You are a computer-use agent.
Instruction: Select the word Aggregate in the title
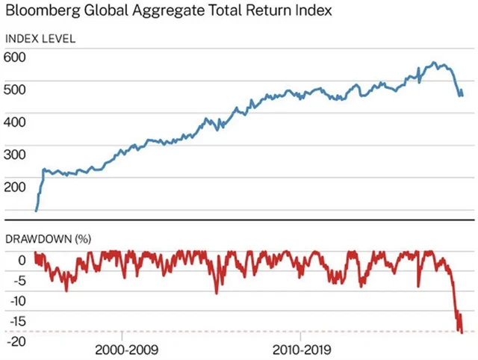point(166,12)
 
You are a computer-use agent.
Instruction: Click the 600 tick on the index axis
point(16,58)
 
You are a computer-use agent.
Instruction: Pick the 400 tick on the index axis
point(16,122)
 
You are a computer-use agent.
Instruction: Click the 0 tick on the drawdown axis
point(22,261)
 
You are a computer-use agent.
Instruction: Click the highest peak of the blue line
point(435,63)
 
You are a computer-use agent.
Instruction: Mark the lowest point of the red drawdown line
point(462,332)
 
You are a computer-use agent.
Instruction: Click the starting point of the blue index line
point(36,211)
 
